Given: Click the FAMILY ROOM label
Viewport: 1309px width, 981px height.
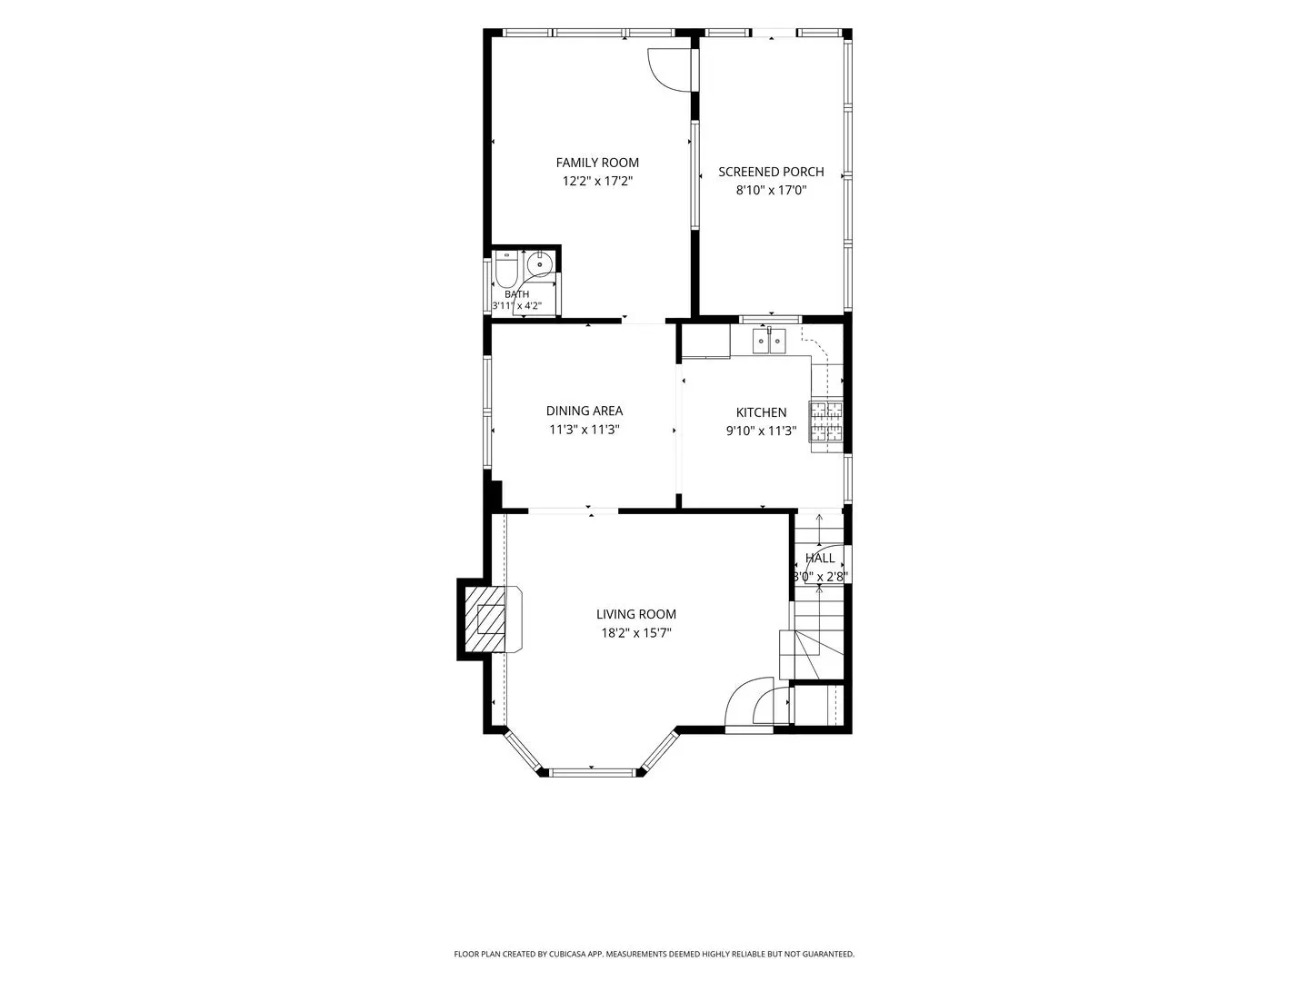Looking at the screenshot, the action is (x=597, y=163).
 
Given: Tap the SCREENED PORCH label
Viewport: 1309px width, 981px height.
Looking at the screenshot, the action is (x=771, y=172).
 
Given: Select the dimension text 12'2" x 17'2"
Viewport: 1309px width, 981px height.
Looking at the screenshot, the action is (x=597, y=181).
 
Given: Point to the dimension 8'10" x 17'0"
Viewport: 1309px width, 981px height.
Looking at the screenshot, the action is (x=771, y=190).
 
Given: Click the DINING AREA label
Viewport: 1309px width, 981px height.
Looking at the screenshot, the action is (x=584, y=411).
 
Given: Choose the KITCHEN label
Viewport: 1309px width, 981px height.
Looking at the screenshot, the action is (x=761, y=412).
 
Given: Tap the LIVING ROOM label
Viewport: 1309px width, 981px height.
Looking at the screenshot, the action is (x=635, y=614).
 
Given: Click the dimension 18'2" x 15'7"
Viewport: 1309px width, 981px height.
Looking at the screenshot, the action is (x=635, y=632).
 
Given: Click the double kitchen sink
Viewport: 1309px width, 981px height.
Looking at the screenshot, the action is (x=769, y=341).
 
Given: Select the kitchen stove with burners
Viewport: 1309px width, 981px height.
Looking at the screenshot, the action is (x=826, y=421).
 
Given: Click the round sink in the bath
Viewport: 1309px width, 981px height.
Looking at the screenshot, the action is (x=540, y=263).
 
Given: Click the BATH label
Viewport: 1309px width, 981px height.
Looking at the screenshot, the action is (x=516, y=294).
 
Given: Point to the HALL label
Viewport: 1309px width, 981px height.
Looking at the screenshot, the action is (x=820, y=558).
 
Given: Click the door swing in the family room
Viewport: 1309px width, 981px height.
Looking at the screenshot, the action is (x=669, y=69).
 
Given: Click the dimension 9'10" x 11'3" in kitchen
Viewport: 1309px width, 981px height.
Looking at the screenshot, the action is (x=761, y=431).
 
